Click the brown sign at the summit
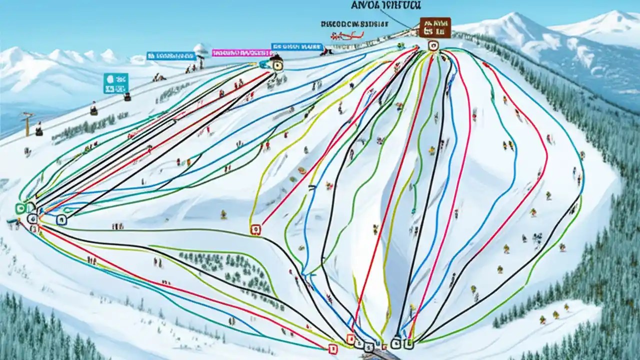[x=435, y=27]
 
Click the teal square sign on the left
[x=116, y=83]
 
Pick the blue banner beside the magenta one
[x=296, y=46]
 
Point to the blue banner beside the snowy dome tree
[x=170, y=55]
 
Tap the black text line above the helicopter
[x=354, y=23]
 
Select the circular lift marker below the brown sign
[x=433, y=45]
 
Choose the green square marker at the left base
[x=20, y=208]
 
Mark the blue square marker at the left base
[x=61, y=219]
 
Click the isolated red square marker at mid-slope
[x=255, y=229]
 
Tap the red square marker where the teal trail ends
[x=330, y=347]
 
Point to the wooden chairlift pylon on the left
[x=27, y=123]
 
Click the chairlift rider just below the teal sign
[x=127, y=96]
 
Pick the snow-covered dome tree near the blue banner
[x=201, y=50]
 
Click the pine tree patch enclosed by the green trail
[x=225, y=270]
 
